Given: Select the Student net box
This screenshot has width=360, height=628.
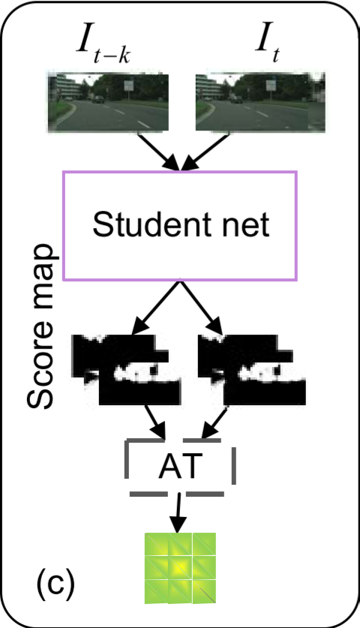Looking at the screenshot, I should point(180,226).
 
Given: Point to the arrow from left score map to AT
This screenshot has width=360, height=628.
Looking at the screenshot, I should point(156,423).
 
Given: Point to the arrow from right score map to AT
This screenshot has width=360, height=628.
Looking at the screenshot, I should point(212,423).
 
